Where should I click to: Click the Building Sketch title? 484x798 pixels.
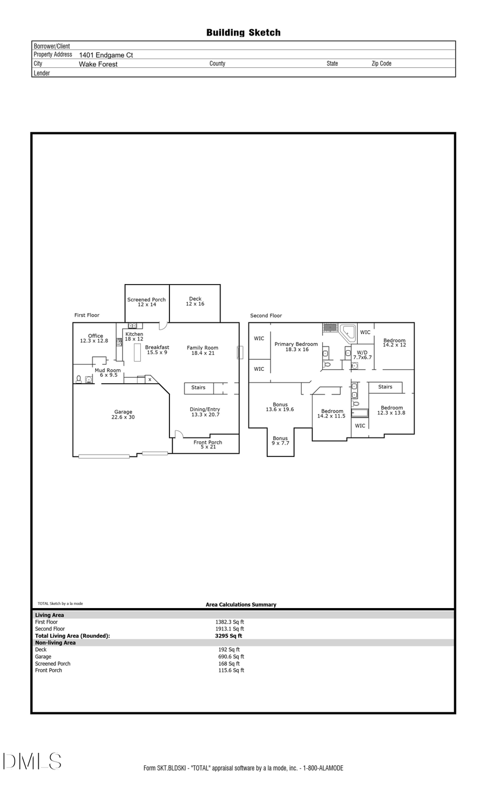point(243,33)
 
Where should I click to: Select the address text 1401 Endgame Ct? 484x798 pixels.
point(106,55)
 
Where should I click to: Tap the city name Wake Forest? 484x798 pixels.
point(98,64)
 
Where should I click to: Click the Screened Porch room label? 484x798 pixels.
point(146,302)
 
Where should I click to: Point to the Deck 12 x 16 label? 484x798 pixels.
point(195,301)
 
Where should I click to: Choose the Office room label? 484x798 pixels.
point(95,338)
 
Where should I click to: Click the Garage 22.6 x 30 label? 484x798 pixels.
point(123,414)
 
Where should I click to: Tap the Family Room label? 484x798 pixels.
point(202,350)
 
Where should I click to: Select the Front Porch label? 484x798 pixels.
point(208,444)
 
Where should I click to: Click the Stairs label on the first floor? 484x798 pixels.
point(198,387)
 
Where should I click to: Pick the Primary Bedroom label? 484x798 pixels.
point(296,347)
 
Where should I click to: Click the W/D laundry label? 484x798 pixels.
point(362,355)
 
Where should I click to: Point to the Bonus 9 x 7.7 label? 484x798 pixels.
point(280,441)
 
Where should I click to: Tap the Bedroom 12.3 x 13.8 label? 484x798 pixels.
point(392,410)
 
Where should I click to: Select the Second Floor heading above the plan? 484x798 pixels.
point(266,316)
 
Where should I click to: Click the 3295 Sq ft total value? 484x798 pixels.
point(228,635)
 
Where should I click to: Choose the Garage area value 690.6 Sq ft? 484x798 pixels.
point(231,656)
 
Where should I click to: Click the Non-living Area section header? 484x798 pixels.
point(55,642)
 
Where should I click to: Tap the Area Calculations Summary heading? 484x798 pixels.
point(241,604)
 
